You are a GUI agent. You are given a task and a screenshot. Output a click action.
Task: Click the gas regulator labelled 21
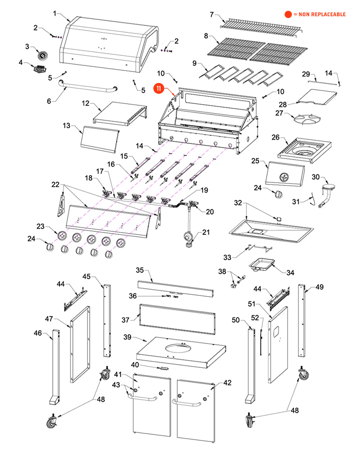click(x=188, y=238)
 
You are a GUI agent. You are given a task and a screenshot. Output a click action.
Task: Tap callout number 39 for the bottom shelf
click(x=128, y=338)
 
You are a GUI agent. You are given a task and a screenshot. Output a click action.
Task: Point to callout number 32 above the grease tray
click(x=238, y=203)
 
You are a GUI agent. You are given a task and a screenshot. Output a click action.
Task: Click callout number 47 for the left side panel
click(x=49, y=319)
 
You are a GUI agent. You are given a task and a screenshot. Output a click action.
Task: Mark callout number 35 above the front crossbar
click(x=140, y=270)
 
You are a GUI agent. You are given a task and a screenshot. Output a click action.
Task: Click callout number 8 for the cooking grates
click(x=206, y=36)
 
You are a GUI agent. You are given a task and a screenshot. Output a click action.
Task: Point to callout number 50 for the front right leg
click(x=235, y=320)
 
